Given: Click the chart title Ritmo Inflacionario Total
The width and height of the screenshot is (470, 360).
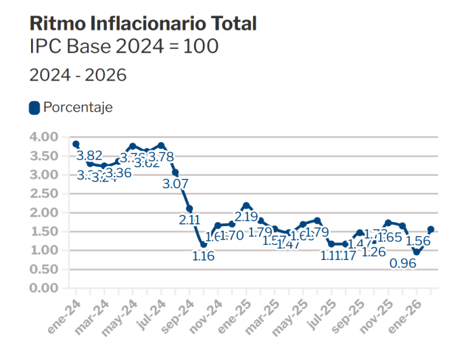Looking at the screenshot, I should coord(143,23).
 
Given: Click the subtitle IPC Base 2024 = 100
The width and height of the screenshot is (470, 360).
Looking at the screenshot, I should coord(123,47).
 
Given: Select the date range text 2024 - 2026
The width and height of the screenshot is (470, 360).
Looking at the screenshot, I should coord(78,75).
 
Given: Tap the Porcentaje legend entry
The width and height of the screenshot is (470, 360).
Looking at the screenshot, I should coord(71,107).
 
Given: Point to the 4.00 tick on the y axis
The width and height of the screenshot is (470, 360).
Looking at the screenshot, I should coord(45,137).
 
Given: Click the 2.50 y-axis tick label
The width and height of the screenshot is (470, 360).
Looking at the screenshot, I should coord(45,194).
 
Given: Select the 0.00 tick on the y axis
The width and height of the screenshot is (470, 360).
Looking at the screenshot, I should coord(45,288).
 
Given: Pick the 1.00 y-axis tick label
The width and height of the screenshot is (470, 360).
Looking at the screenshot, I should coord(45,250).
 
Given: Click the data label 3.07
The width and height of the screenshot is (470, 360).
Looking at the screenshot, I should coord(174,183).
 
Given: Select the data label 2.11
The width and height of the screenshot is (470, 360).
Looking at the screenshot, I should coord(189,219).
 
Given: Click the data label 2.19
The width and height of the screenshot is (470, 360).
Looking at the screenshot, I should coord(246,217).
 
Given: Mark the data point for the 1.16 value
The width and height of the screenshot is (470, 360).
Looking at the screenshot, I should coord(204,244).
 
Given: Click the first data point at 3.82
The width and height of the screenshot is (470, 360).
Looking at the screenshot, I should coord(76,144).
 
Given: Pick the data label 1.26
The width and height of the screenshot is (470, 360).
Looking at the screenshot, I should coord(373,252).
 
